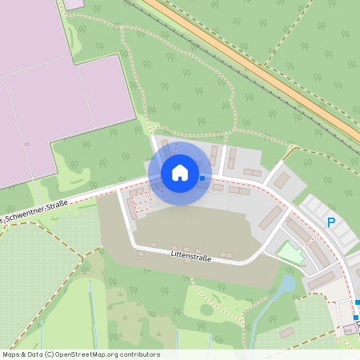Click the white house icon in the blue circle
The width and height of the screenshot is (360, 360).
coord(179,173)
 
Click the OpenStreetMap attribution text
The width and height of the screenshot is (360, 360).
coord(81,354)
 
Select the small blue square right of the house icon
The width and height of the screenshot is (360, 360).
coord(202,178)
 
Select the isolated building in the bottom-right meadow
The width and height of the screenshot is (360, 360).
coord(286,332)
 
